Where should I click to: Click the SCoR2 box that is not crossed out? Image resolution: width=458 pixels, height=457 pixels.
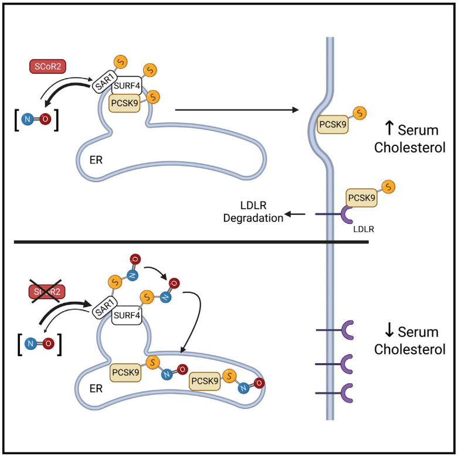pyautogui.click(x=48, y=67)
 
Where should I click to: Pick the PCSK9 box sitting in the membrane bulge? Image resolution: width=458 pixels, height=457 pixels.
pyautogui.click(x=333, y=125)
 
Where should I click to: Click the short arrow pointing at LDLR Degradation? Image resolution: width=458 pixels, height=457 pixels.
pyautogui.click(x=296, y=214)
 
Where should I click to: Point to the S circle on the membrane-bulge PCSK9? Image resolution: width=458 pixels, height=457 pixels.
pyautogui.click(x=360, y=111)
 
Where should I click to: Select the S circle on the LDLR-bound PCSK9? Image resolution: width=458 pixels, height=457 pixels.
pyautogui.click(x=388, y=187)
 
